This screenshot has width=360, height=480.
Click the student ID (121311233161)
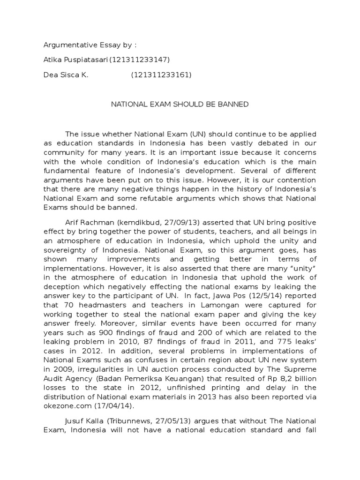[161, 75]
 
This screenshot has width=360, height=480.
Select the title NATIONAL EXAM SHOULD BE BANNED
[180, 104]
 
